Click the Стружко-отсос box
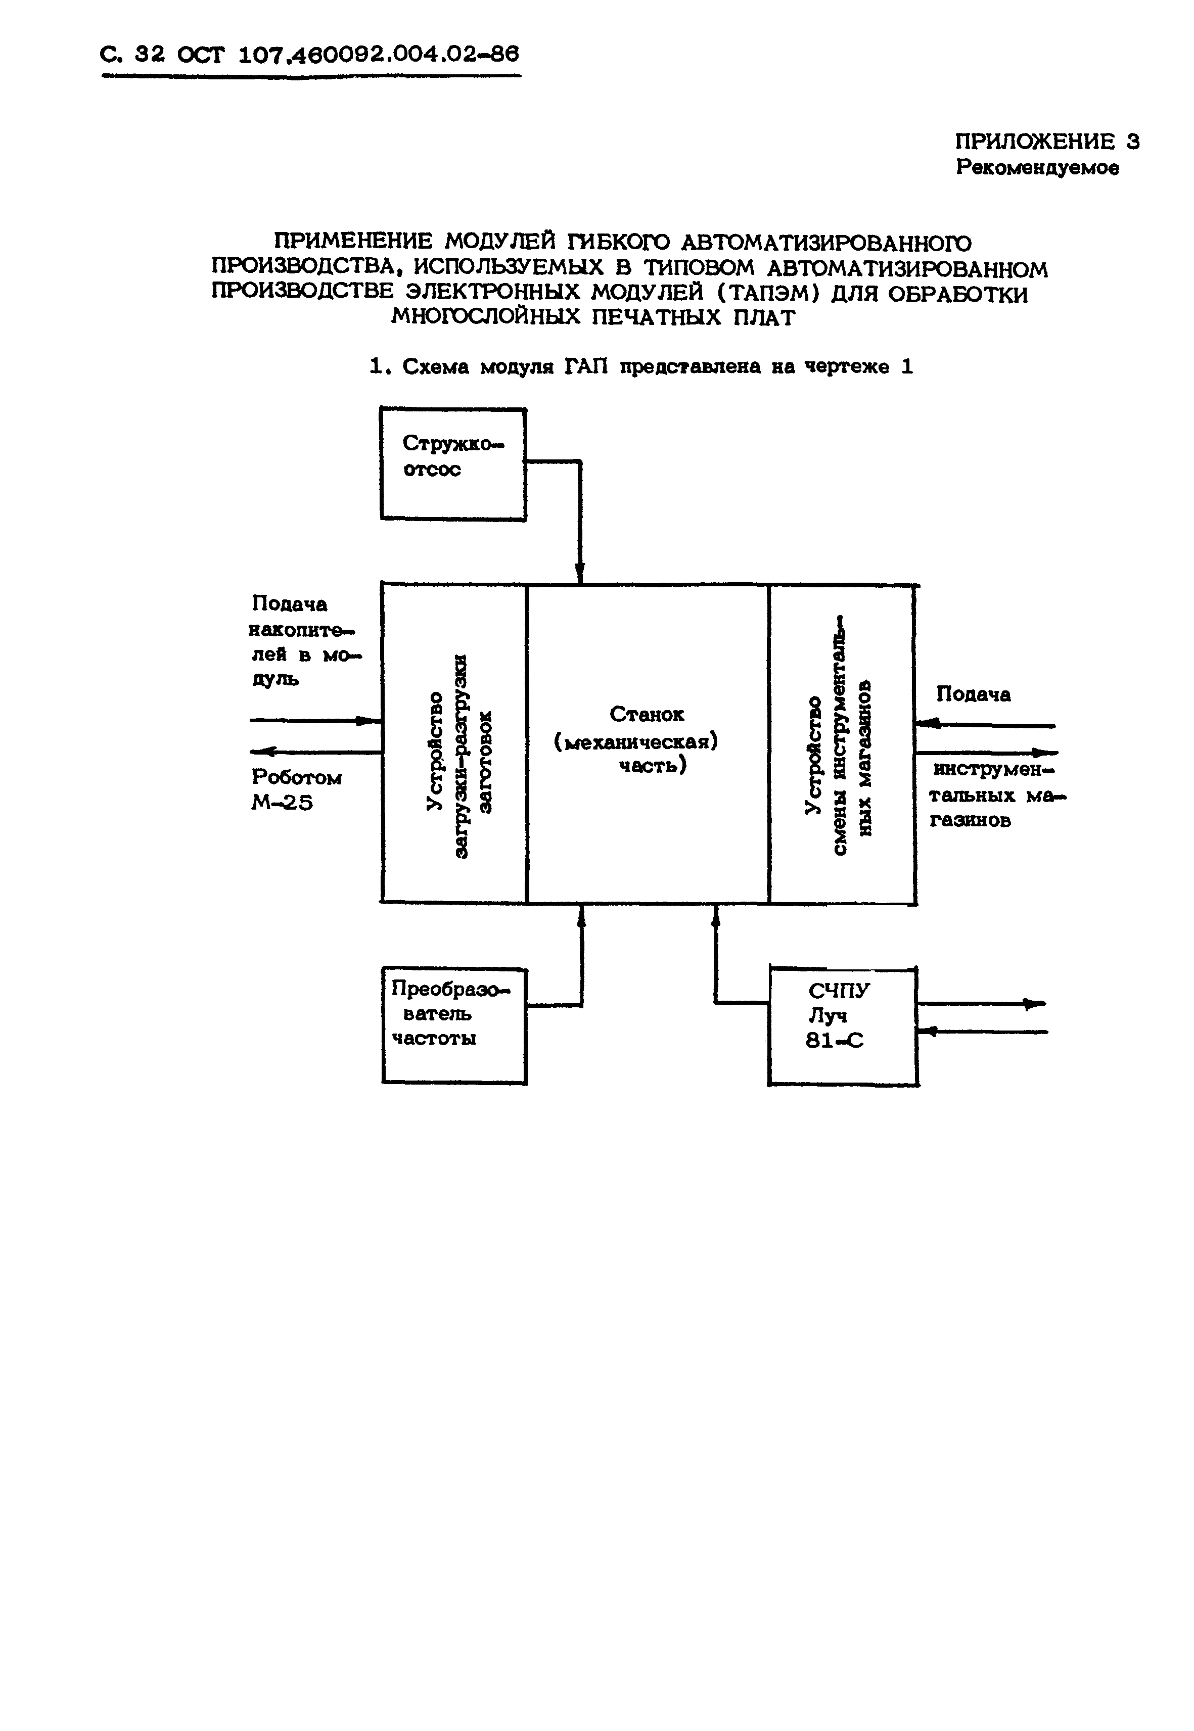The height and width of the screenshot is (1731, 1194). (x=452, y=464)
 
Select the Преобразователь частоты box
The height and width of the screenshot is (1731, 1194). (x=454, y=1025)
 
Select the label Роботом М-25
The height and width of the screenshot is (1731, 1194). (x=296, y=790)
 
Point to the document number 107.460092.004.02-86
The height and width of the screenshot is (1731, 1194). (x=378, y=55)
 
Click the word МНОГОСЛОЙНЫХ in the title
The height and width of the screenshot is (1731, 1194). (x=486, y=317)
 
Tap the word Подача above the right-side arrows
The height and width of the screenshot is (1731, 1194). (x=973, y=694)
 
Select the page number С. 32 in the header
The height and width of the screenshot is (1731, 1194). (x=131, y=55)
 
